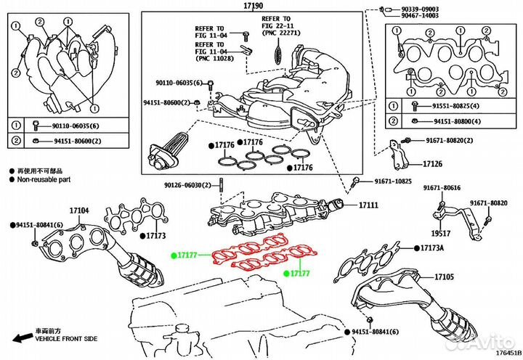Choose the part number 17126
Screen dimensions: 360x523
point(433,163)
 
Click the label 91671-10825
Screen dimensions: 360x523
point(393,181)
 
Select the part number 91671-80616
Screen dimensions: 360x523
point(442,189)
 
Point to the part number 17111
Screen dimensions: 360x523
point(368,206)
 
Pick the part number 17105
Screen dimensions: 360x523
point(444,277)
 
